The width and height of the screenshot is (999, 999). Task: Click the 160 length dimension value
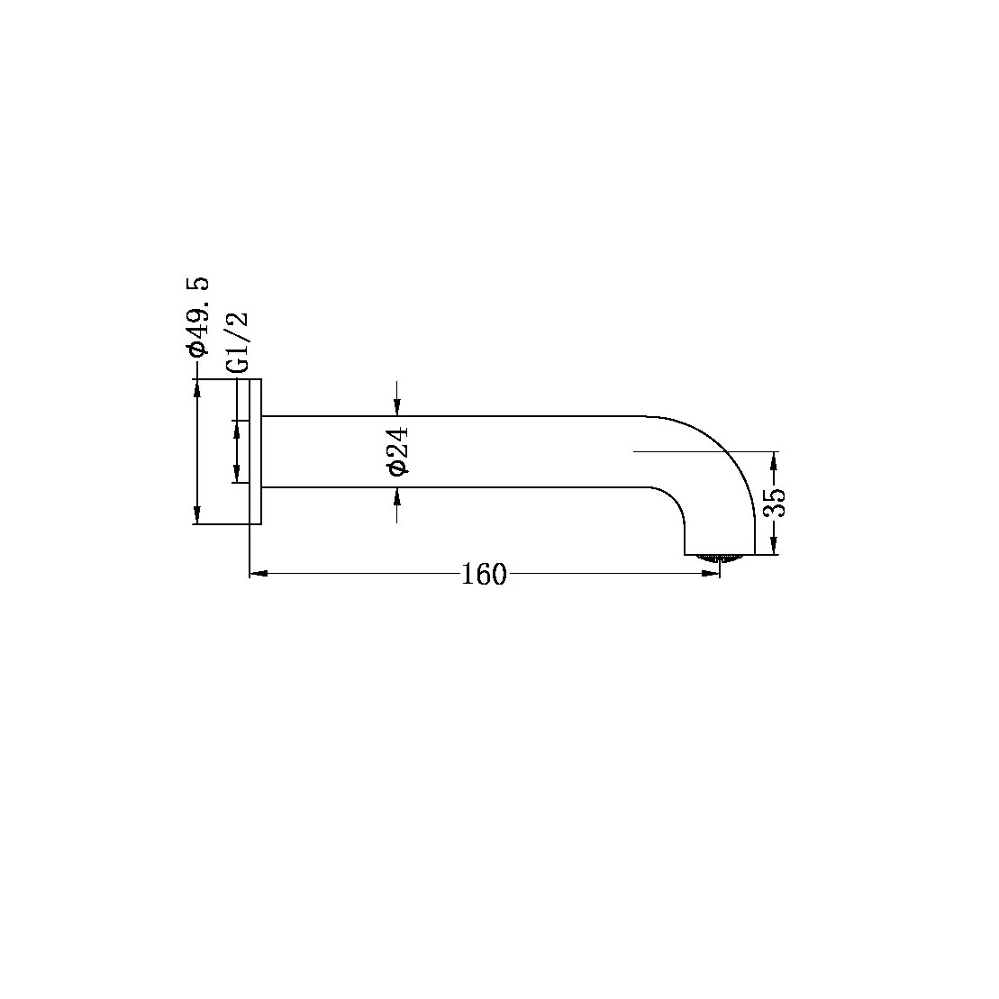coord(484,574)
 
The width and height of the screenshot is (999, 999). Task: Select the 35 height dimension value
coord(775,503)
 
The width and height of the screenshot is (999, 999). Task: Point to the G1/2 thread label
coord(237,343)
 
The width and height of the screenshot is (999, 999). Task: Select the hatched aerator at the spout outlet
coord(720,558)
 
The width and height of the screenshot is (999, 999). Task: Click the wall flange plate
coord(255,451)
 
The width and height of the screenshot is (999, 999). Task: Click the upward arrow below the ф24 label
coord(397,496)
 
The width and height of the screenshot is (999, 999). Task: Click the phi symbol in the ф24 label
coord(397,468)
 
